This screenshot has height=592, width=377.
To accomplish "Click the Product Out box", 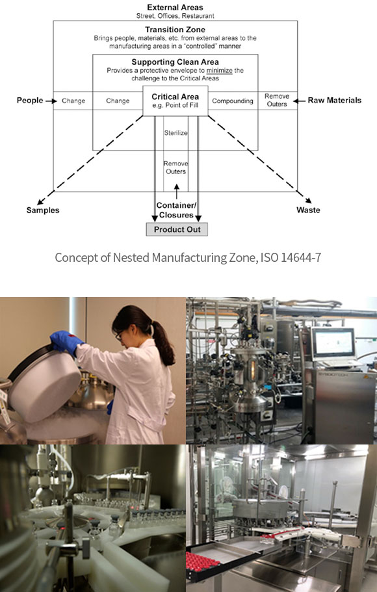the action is coord(177,229).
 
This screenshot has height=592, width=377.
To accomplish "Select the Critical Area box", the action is coord(175,101).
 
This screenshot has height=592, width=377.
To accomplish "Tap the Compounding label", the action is coord(233,101).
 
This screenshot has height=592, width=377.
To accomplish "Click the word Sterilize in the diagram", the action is coord(175,133).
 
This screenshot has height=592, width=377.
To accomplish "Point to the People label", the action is coord(30,100).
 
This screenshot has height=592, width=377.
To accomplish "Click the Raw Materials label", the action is coord(335,100).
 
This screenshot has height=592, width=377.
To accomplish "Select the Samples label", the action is coord(43,211).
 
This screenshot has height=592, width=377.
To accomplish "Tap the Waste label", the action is coord(308,210).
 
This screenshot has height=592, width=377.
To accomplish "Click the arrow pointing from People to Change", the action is coord(51,101).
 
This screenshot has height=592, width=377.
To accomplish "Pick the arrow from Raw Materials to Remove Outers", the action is coord(299,101).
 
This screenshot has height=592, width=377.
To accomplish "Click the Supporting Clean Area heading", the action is coord(175,62).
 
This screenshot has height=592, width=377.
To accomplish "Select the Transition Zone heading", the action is coord(175,29).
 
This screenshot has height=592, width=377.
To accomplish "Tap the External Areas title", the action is coord(175,7).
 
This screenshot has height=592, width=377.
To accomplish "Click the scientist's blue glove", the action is coord(66,342).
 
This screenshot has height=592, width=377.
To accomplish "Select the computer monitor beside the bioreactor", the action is coord(333,343).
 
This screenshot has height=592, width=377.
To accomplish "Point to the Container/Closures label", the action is coord(176,211).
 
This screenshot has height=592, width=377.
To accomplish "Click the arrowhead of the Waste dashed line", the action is coord(309,201).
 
